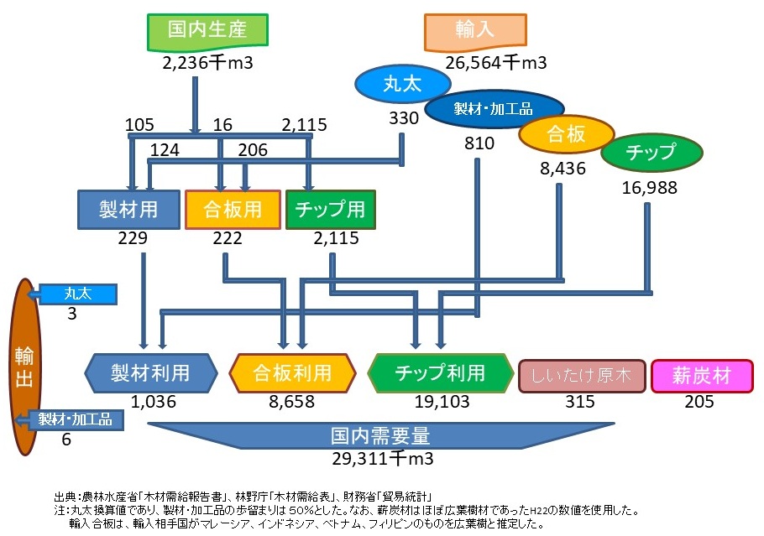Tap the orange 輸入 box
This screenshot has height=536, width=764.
click(475, 31)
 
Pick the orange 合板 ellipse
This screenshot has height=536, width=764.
click(564, 133)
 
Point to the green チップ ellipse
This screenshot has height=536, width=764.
click(651, 153)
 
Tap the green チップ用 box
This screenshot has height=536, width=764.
click(330, 209)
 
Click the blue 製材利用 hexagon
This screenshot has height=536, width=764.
click(151, 372)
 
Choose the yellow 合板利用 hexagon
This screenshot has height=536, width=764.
click(292, 372)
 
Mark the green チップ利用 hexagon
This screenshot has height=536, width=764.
click(440, 372)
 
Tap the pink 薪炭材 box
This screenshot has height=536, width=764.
click(702, 375)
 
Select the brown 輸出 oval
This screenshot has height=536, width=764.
click(25, 367)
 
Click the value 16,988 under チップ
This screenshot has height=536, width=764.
click(649, 188)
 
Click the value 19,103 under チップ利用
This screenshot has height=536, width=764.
click(441, 401)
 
